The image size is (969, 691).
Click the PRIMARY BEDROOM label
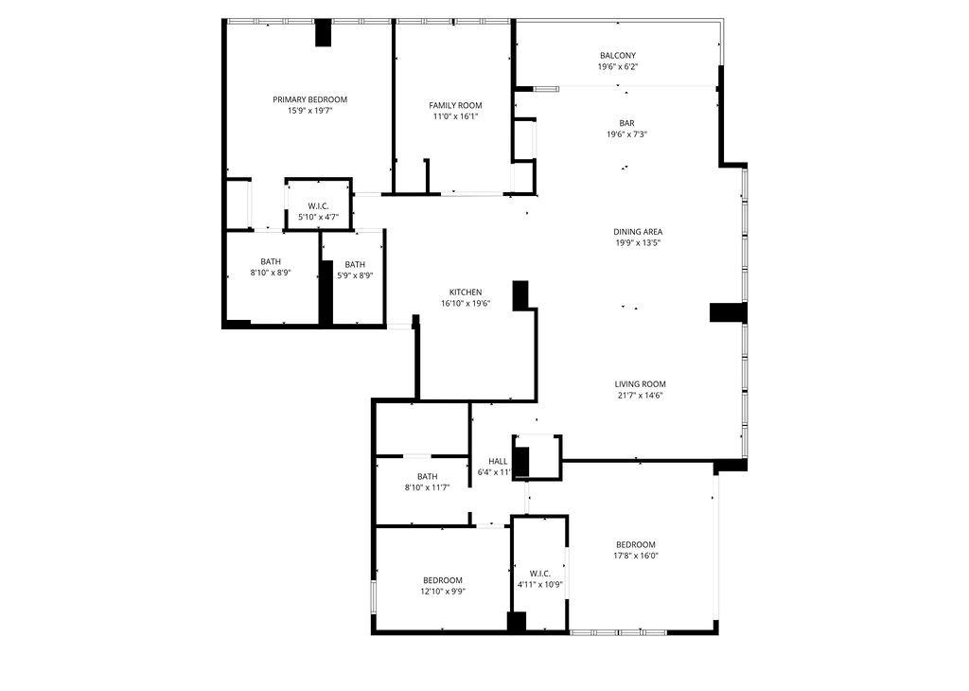coord(309,99)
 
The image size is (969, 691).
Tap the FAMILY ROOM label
coord(455,105)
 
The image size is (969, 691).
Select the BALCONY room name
coord(617,56)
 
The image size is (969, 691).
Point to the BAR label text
coord(626,122)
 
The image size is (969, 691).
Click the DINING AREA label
coord(638,231)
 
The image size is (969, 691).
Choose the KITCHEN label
coord(466,292)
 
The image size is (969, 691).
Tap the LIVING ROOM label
coord(641,384)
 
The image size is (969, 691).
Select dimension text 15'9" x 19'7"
coord(309,111)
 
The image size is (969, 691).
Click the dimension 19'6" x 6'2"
coord(617,67)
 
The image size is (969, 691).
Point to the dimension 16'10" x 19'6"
coord(466,303)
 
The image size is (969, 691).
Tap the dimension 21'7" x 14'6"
coord(641,396)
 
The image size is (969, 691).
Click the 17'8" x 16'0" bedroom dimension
coord(636,556)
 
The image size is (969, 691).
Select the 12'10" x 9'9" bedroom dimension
coord(442,592)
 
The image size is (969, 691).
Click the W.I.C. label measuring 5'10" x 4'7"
coord(318,205)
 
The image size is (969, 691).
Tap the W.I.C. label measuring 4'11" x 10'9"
coord(540,573)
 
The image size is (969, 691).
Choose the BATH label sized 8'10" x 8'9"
coord(271,261)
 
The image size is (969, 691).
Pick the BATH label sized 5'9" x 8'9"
coord(355,264)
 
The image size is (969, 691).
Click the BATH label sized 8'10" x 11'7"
coord(427,476)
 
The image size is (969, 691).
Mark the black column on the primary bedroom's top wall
coord(324,32)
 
